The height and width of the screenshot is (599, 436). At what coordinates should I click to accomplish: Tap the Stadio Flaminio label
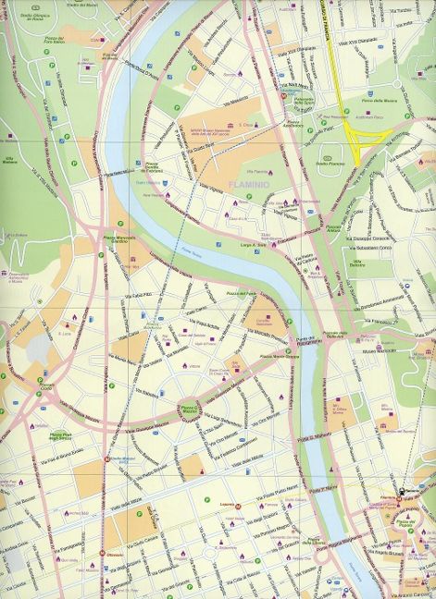click(329, 164)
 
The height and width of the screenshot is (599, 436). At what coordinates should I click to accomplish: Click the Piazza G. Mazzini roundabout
click(188, 409)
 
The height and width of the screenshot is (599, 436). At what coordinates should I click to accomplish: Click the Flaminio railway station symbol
click(401, 491)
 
